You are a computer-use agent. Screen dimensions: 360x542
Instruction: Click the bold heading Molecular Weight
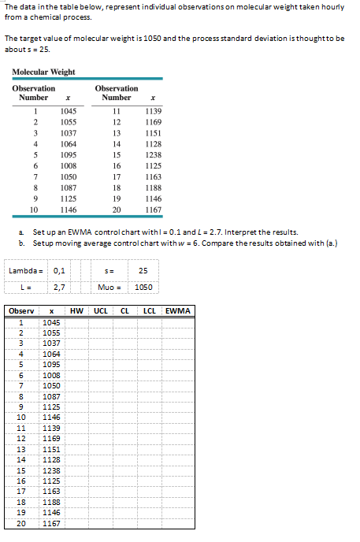[43, 72]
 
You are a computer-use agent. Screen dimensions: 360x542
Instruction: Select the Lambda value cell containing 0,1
[59, 271]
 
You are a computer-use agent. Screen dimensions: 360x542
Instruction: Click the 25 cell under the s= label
[143, 271]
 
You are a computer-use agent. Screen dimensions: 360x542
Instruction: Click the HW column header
[76, 311]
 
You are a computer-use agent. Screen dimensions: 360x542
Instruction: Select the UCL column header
[101, 311]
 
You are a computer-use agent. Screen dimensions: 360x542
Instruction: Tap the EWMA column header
[178, 311]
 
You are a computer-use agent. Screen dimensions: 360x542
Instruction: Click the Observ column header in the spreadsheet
[20, 311]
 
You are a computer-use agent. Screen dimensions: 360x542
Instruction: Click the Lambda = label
[25, 271]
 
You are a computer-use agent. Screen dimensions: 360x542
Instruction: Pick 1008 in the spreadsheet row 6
[51, 365]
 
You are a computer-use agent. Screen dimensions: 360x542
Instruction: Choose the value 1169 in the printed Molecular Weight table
[153, 123]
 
